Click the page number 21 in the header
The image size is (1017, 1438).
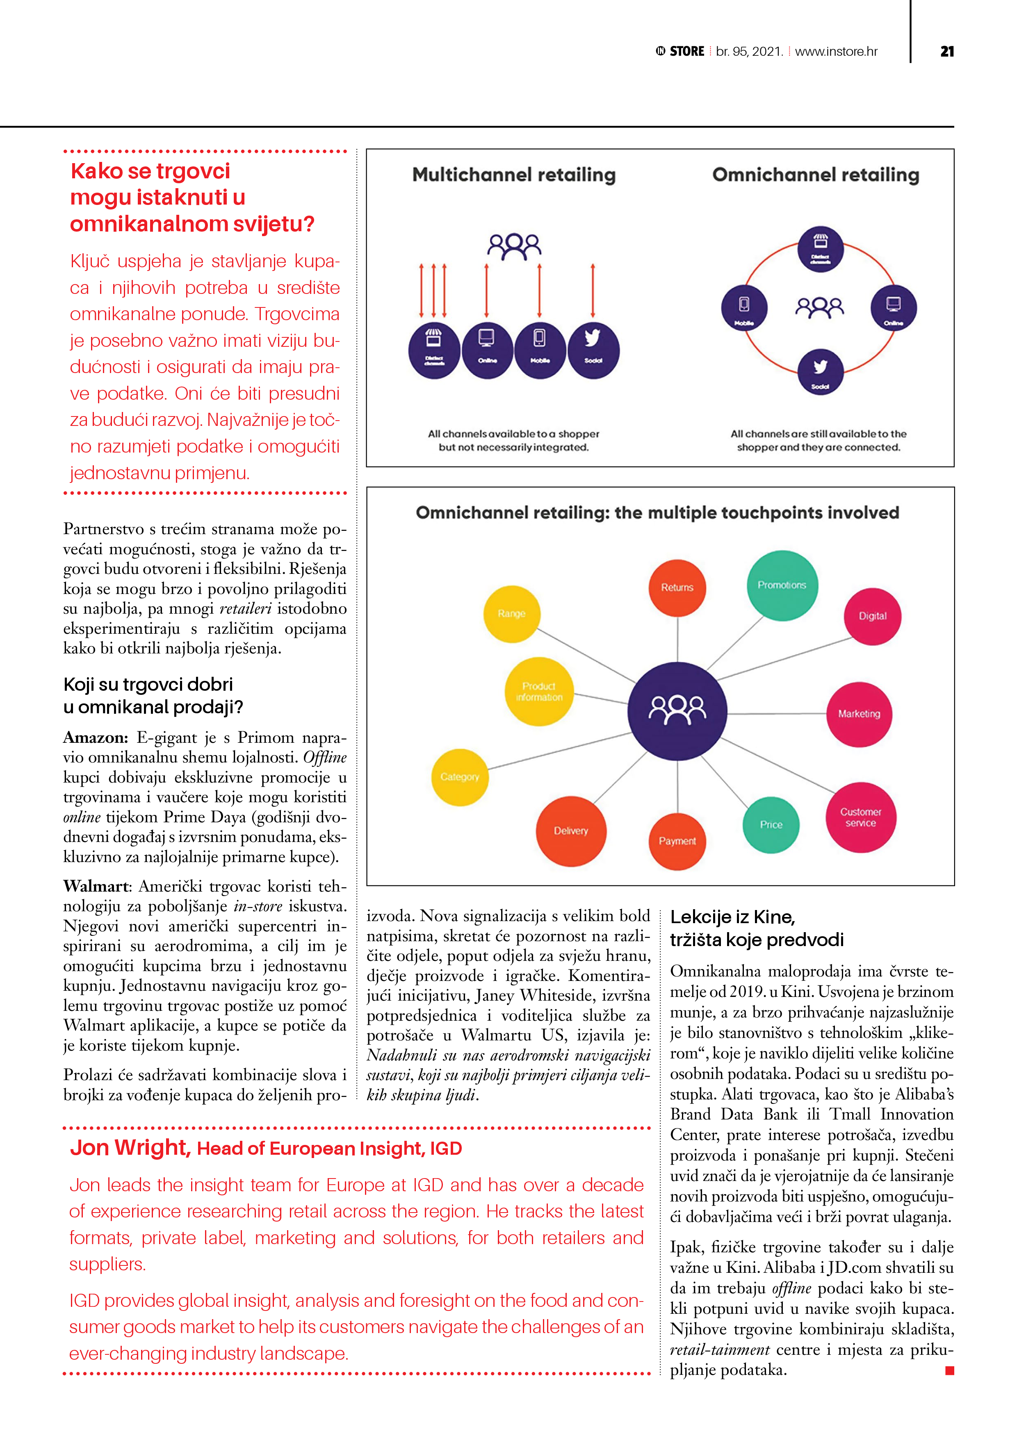coord(947,51)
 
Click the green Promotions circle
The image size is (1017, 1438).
coord(782,585)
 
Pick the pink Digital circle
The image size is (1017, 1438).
coord(872,616)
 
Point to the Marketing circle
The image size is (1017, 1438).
coord(859,714)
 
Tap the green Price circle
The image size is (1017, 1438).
coord(771,825)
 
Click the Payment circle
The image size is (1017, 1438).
coord(677,841)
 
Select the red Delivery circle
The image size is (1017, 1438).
coord(571,831)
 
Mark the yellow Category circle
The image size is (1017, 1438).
coord(460,777)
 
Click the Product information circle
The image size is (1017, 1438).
coord(539,692)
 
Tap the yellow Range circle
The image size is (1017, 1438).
coord(511,614)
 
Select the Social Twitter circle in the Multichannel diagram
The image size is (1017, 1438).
coord(593,351)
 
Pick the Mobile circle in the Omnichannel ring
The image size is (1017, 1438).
coord(744,307)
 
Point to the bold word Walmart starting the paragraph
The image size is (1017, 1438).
coord(96,886)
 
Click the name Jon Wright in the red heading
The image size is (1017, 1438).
coord(130,1147)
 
